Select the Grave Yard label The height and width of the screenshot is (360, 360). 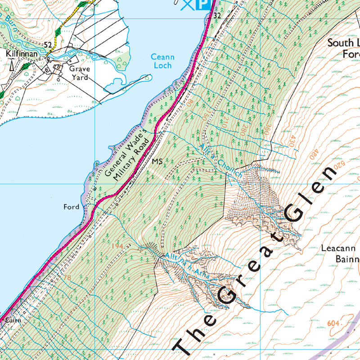tap(80, 73)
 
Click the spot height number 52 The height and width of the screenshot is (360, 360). tap(48, 45)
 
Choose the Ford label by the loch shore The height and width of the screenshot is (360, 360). tap(71, 207)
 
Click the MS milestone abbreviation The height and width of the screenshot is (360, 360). tap(156, 161)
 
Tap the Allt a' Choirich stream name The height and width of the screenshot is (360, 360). tap(221, 162)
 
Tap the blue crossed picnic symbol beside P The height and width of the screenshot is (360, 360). tap(187, 4)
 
